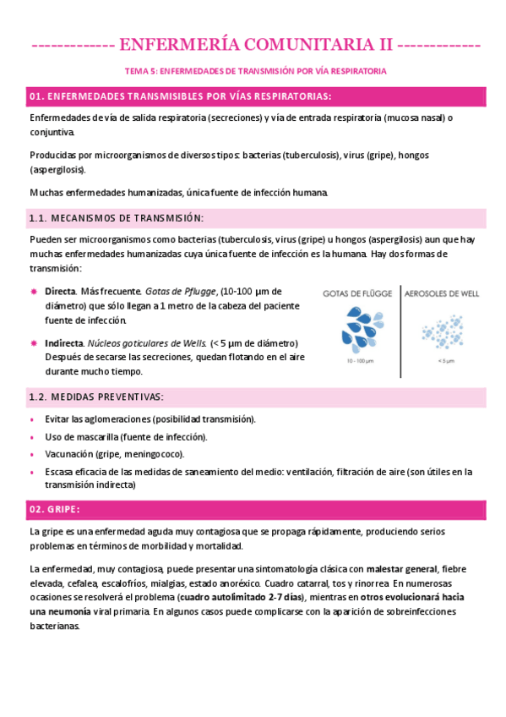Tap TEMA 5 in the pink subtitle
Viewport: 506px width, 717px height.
point(138,72)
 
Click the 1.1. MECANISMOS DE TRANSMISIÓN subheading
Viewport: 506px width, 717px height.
point(117,218)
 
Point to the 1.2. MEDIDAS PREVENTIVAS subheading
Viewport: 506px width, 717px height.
point(96,397)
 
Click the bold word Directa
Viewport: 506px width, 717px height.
point(60,292)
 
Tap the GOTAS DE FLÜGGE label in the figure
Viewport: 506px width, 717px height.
point(357,293)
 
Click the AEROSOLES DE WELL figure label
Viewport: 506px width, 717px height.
point(442,293)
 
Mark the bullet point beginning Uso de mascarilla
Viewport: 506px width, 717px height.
point(126,437)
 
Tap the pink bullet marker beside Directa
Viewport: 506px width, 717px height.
point(33,292)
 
